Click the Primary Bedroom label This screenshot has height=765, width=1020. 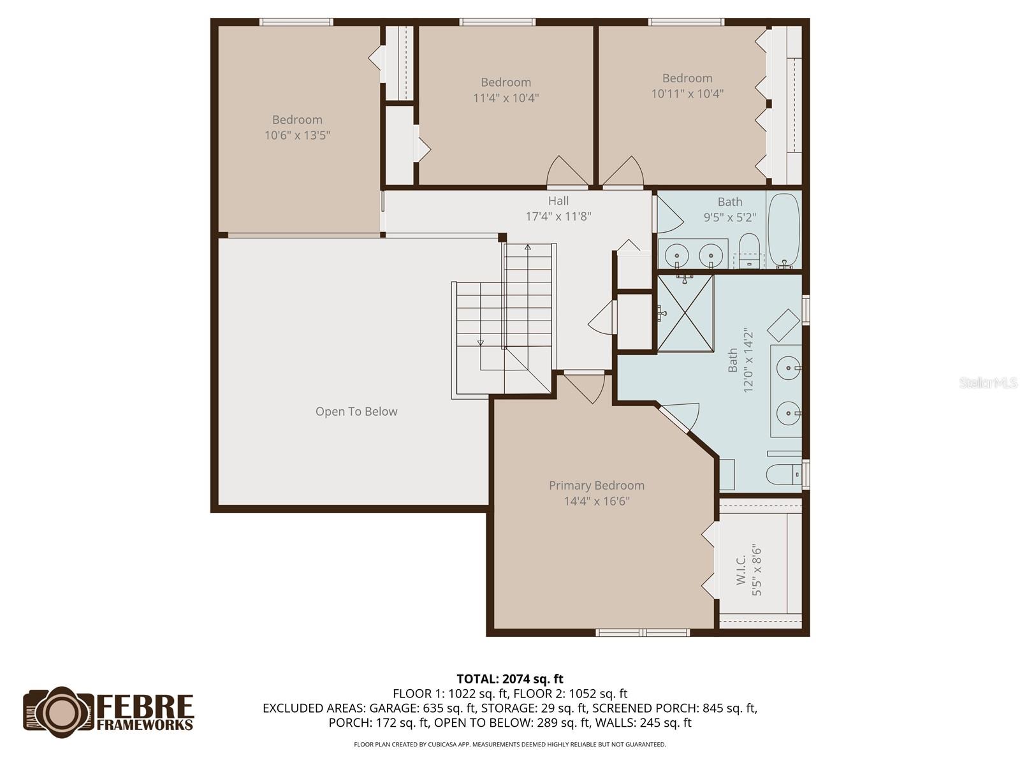[x=597, y=486]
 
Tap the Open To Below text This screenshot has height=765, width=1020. [x=356, y=412]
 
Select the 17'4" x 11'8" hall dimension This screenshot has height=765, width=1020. [x=558, y=217]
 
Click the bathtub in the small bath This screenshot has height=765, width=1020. [x=783, y=229]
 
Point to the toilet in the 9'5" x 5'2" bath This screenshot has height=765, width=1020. [x=749, y=249]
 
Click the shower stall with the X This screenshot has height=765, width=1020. [x=685, y=312]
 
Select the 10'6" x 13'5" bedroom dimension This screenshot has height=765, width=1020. [x=297, y=135]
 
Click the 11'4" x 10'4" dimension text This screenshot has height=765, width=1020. [x=506, y=98]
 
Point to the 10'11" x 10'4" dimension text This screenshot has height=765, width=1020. [x=687, y=94]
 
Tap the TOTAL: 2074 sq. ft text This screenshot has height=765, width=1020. [x=510, y=679]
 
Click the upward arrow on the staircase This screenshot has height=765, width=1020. [x=527, y=247]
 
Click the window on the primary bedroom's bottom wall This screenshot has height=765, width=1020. [x=643, y=632]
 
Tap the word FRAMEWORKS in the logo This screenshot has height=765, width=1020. [x=145, y=725]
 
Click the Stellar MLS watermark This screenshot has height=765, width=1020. [x=987, y=382]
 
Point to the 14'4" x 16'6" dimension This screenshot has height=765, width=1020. [x=597, y=502]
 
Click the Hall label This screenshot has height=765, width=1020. [x=558, y=201]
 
